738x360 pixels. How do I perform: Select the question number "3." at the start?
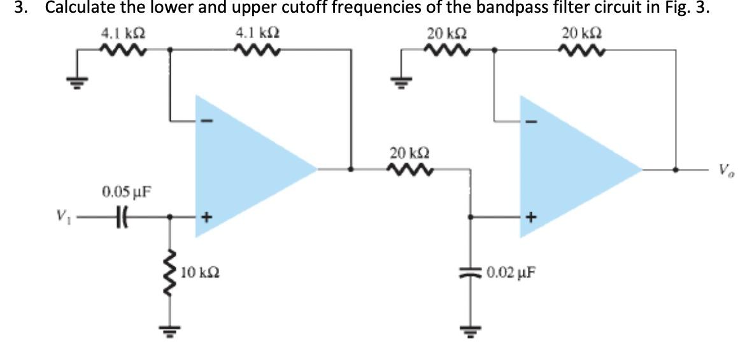(x=10, y=9)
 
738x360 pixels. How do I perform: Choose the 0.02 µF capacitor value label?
(x=510, y=274)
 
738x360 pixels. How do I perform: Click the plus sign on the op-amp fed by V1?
(x=206, y=217)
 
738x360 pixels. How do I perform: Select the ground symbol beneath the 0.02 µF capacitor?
(x=471, y=331)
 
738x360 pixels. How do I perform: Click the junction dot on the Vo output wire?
(x=676, y=170)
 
